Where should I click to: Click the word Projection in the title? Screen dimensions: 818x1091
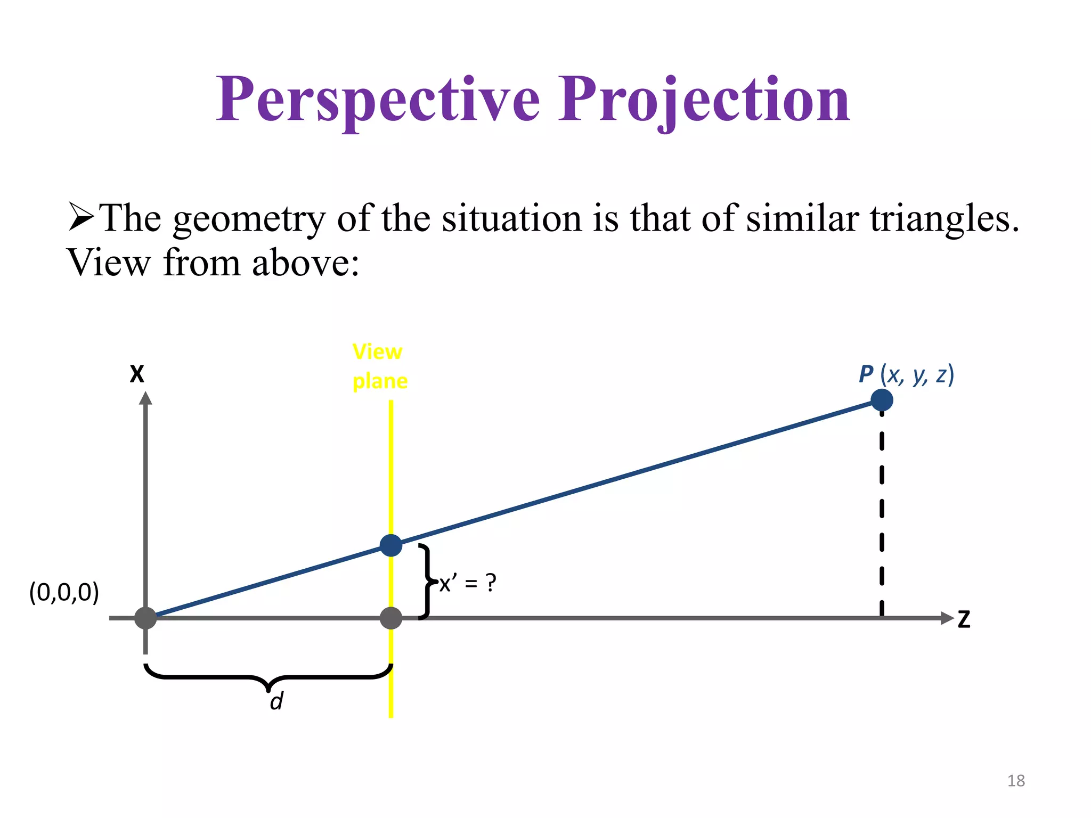click(704, 100)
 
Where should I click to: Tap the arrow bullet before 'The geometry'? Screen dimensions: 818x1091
click(82, 218)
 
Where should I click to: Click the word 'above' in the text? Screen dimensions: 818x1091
click(305, 263)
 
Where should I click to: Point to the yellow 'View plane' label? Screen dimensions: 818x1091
click(379, 366)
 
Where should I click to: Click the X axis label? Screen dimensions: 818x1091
click(137, 374)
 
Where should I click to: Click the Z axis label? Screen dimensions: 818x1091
click(964, 620)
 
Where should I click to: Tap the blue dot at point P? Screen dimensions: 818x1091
click(882, 400)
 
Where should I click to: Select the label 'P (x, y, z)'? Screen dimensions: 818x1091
click(906, 374)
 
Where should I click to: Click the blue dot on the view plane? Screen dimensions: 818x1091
click(391, 545)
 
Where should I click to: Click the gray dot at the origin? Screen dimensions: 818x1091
click(145, 618)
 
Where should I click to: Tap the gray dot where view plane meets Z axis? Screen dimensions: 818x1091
click(391, 618)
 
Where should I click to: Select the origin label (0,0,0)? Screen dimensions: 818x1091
click(64, 592)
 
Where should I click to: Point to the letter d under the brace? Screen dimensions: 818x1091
click(276, 701)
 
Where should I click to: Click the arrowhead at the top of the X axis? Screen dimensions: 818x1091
click(145, 398)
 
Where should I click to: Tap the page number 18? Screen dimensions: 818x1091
click(1016, 781)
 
